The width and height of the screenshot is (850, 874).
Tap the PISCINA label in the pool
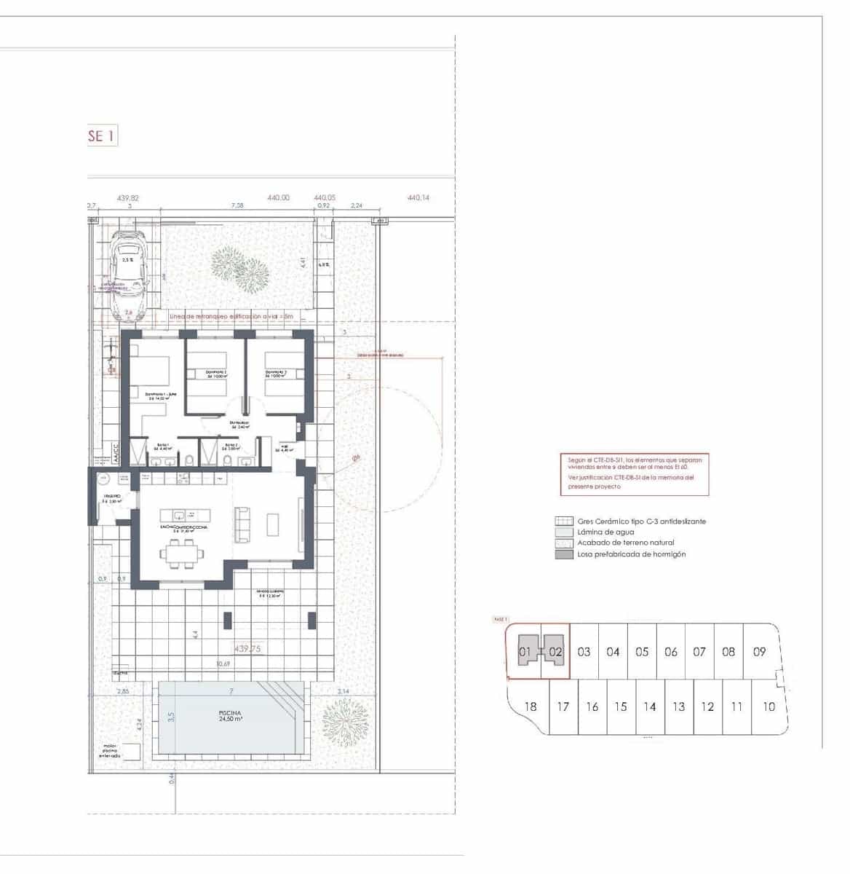point(230,713)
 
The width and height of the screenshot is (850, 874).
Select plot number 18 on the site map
point(530,706)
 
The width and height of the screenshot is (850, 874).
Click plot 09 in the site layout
point(759,652)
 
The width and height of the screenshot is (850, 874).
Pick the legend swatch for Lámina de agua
point(564,532)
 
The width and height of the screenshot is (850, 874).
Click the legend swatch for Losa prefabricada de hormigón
point(564,554)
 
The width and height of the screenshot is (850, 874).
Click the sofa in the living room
point(242,523)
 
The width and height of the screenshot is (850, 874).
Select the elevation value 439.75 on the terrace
point(248,648)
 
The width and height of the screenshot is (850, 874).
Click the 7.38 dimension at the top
point(237,206)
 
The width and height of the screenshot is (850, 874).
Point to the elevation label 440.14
point(418,197)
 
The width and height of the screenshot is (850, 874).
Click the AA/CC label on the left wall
point(114,452)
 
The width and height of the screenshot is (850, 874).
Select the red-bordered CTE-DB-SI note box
point(634,473)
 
